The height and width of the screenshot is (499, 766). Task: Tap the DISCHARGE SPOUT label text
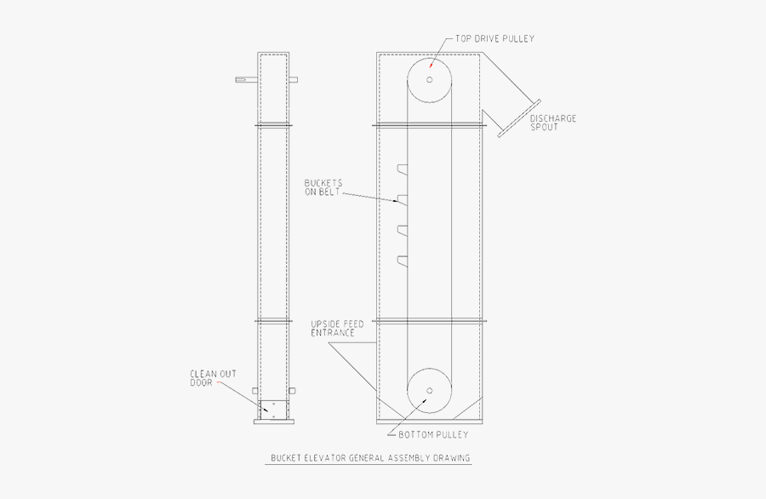(x=552, y=123)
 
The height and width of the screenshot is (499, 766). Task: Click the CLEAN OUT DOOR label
(x=213, y=377)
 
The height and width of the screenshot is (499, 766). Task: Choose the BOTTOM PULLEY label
(x=433, y=435)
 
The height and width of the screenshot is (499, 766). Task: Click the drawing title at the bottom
(x=370, y=458)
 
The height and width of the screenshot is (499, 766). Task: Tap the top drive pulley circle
(x=430, y=80)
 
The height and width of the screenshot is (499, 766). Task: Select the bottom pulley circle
(x=430, y=391)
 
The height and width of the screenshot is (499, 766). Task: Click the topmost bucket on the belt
(x=402, y=169)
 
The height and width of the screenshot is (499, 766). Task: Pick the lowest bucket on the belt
(x=402, y=259)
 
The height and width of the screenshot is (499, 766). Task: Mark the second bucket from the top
(x=402, y=199)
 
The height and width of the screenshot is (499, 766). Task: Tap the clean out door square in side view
(x=273, y=409)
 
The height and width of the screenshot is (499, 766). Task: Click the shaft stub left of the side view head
(x=246, y=80)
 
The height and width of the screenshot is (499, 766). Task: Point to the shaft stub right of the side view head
(x=294, y=80)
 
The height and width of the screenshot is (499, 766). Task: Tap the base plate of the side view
(x=273, y=422)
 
